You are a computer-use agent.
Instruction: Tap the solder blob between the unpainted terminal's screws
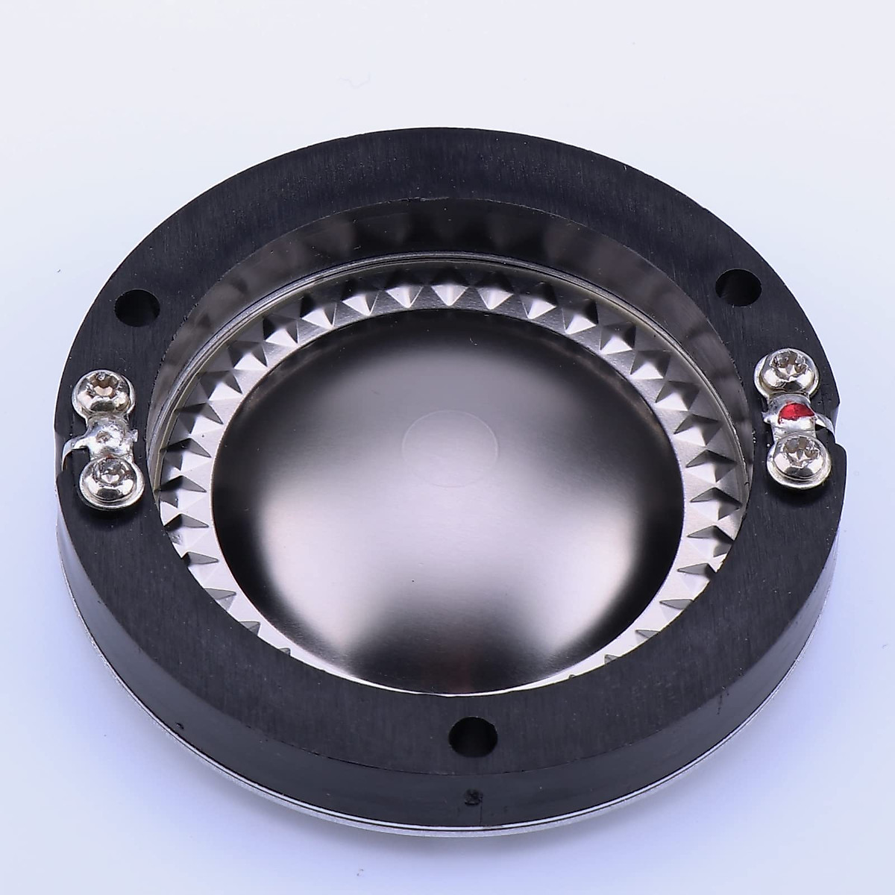coord(110,433)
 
